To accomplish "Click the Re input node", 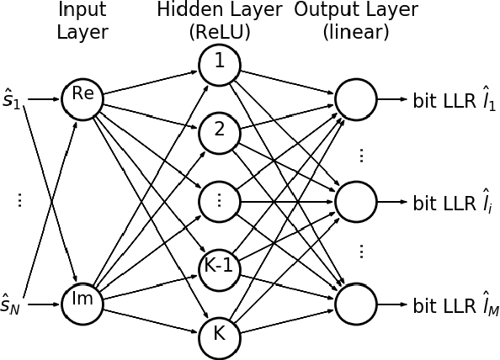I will [x=82, y=98].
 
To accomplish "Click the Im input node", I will [x=82, y=301].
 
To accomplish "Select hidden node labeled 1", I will [x=220, y=63].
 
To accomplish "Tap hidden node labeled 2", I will [x=220, y=131].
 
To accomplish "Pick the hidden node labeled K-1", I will [x=220, y=267].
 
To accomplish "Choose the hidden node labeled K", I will [x=220, y=334].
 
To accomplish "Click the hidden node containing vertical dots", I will [x=220, y=199].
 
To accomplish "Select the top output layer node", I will [x=356, y=98].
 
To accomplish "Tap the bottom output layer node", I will [x=356, y=301].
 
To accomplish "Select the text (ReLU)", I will [x=220, y=33].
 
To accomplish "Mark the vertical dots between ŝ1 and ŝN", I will [x=19, y=199].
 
